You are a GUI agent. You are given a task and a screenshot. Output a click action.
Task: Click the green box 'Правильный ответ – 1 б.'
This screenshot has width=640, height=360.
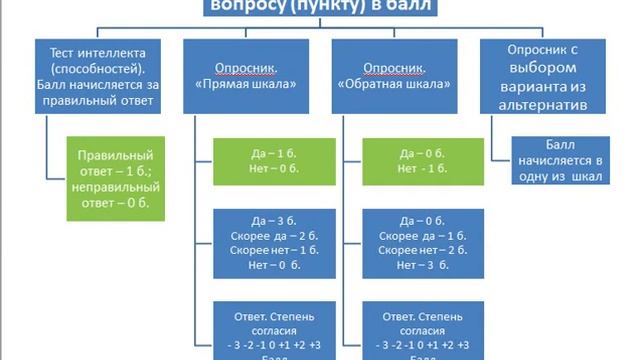tap(115, 178)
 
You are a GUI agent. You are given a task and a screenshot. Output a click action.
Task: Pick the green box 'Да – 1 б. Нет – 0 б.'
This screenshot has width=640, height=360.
tap(265, 162)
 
